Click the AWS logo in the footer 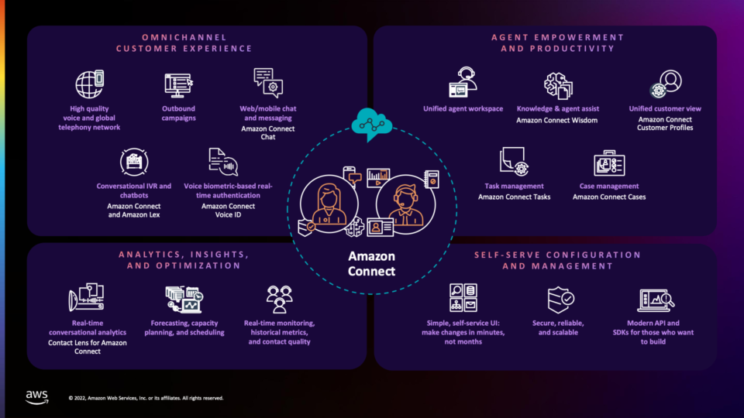pos(37,397)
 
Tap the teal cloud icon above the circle pos(371,124)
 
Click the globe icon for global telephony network pos(90,84)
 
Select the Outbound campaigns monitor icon pos(178,85)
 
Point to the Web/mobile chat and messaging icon pos(268,83)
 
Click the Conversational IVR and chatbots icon pos(134,162)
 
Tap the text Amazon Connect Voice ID pos(228,211)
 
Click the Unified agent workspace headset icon pos(463,83)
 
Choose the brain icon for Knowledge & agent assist pos(558,86)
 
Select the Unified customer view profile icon pos(666,84)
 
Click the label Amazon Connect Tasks pos(515,197)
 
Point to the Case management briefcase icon pos(609,163)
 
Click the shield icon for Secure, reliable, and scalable pos(560,300)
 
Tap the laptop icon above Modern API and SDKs pos(656,300)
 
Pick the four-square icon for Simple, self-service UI pos(463,297)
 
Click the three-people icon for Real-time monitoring pos(280,299)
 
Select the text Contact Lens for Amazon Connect pos(88,347)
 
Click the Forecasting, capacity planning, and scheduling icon pos(184,300)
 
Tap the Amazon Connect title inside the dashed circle pos(371,263)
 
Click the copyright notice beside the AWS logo pos(146,398)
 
